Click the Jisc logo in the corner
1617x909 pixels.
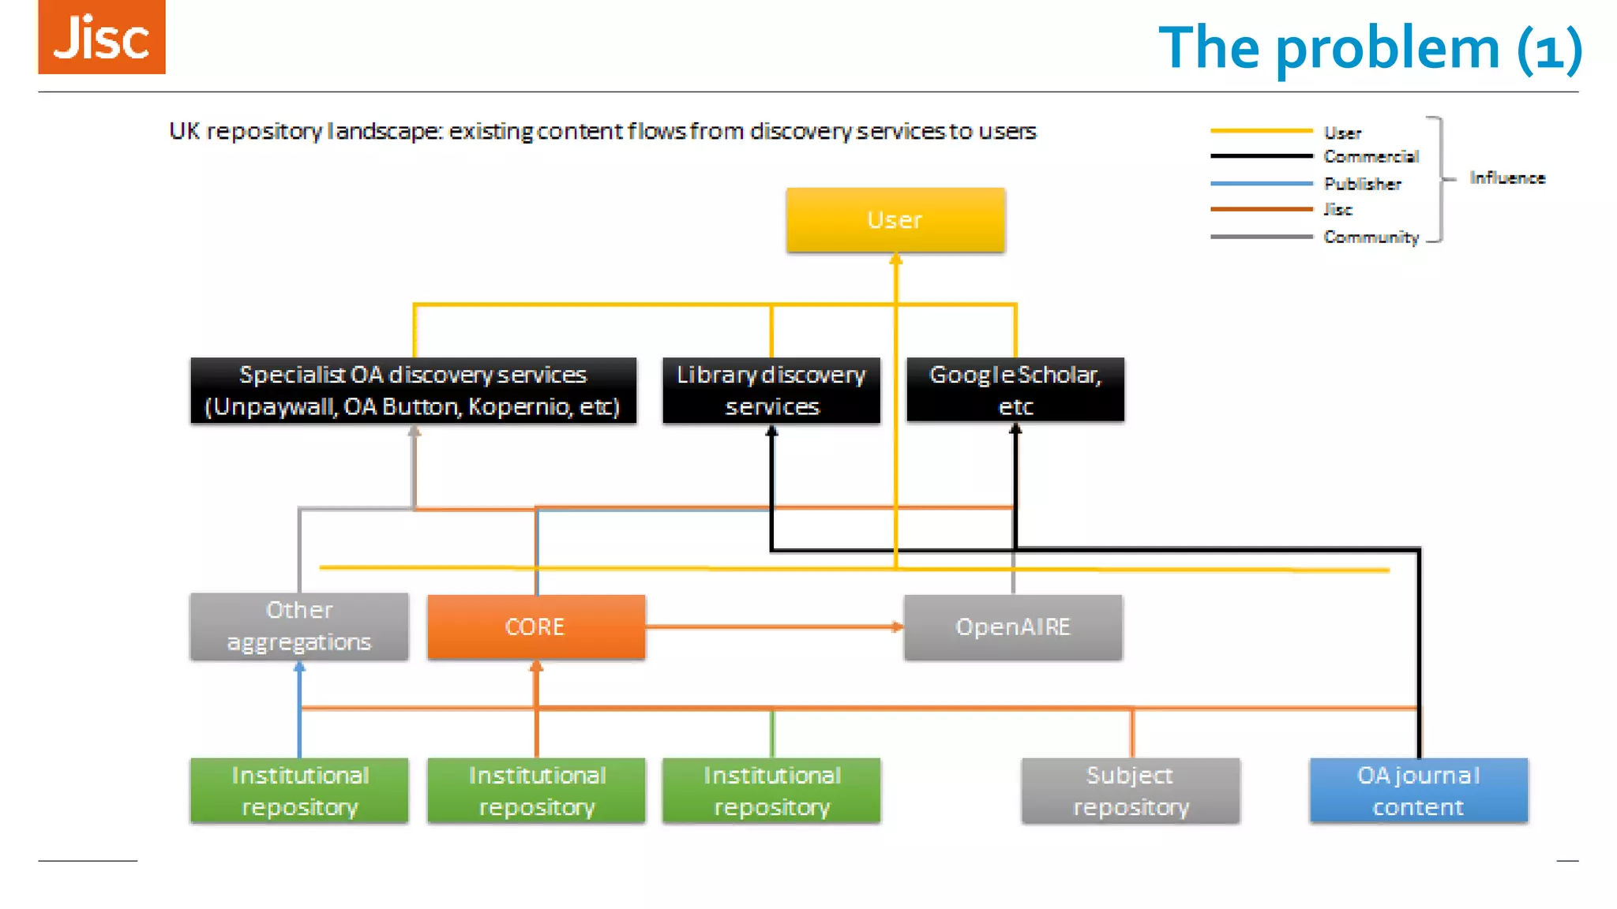point(102,37)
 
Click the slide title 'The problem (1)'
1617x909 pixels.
point(1370,48)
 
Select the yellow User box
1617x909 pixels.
point(895,220)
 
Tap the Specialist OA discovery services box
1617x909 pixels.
point(413,391)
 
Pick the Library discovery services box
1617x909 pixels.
point(771,391)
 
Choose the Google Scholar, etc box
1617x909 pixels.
point(1015,391)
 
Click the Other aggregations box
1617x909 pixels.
point(299,627)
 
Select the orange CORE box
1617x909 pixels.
point(536,627)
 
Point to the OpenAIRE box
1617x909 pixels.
point(1013,627)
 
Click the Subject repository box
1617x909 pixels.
point(1130,791)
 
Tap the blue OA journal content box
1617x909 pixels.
point(1418,791)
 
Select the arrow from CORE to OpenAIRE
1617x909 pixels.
point(774,627)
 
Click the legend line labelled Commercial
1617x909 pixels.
point(1261,156)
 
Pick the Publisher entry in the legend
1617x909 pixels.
point(1362,184)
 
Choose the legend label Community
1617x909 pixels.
point(1371,237)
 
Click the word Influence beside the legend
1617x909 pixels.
point(1506,178)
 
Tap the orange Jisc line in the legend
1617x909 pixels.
point(1261,210)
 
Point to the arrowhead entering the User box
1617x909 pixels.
point(895,259)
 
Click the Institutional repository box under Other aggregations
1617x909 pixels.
point(299,791)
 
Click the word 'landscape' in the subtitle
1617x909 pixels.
point(384,131)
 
